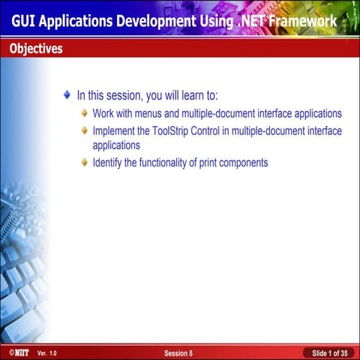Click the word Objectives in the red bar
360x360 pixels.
36,49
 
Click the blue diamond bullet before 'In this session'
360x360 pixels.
67,96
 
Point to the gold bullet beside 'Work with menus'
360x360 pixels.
84,114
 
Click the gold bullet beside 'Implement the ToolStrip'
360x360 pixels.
84,131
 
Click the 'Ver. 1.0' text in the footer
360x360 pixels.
46,352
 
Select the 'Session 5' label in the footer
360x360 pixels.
178,352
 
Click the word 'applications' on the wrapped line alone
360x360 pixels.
116,145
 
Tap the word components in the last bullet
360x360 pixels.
242,163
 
